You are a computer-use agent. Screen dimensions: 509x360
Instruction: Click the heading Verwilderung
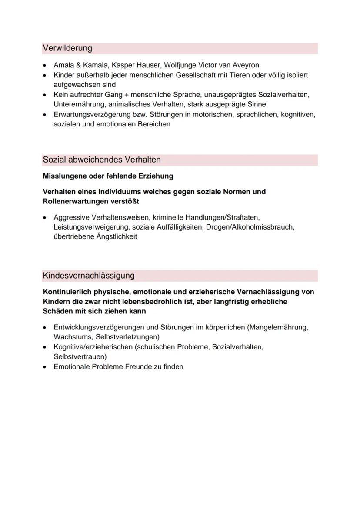click(x=67, y=48)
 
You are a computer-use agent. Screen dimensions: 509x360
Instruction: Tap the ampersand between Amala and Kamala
click(x=78, y=65)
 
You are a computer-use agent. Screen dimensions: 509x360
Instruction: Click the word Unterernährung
click(x=79, y=104)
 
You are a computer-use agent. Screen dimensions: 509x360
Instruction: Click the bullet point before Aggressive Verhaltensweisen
click(x=45, y=217)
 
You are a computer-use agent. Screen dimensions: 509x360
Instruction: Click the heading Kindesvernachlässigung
click(x=89, y=276)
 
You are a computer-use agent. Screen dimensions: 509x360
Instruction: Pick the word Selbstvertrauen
click(x=80, y=356)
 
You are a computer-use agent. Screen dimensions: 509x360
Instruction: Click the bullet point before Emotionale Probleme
click(x=45, y=367)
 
